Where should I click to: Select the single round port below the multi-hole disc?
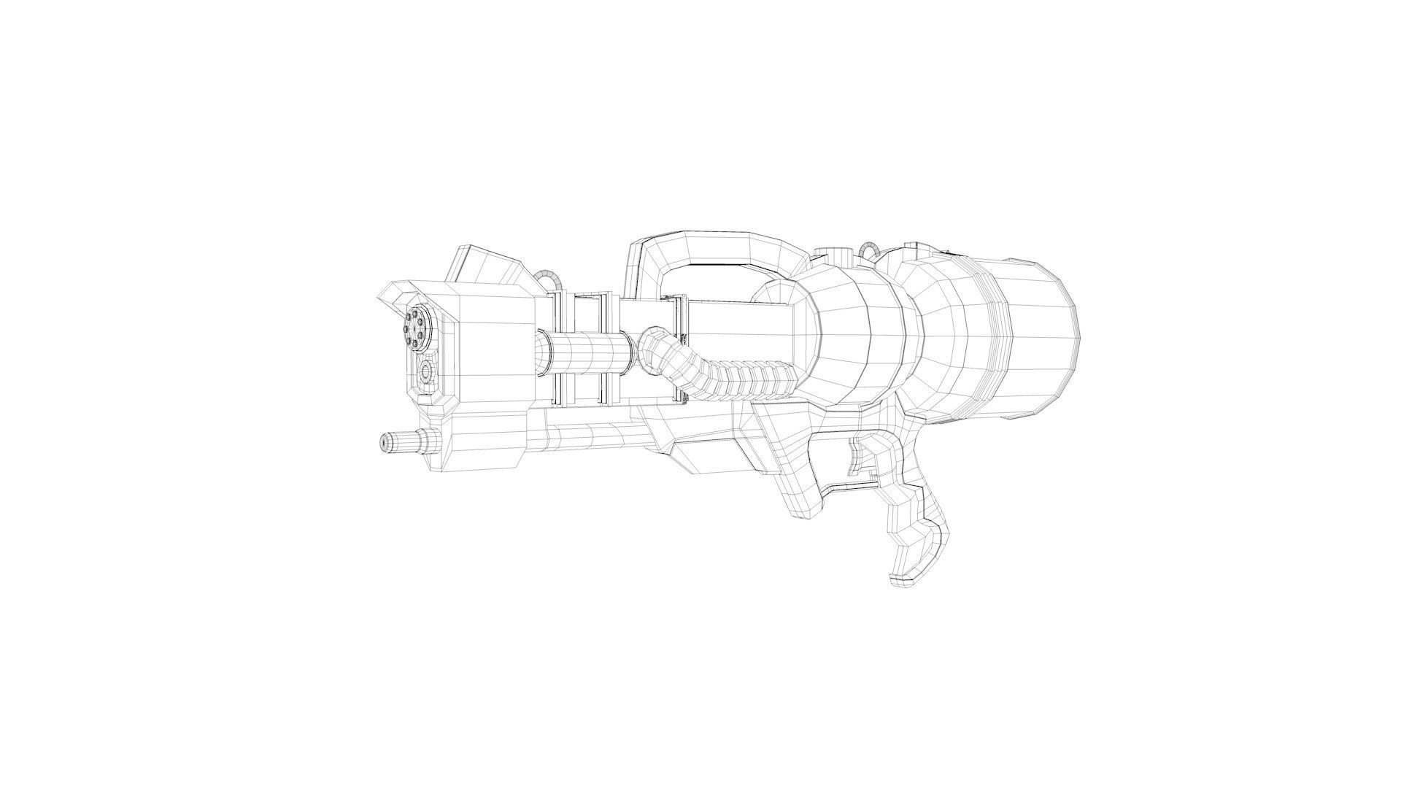[x=426, y=374]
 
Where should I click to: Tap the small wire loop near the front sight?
[x=548, y=277]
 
